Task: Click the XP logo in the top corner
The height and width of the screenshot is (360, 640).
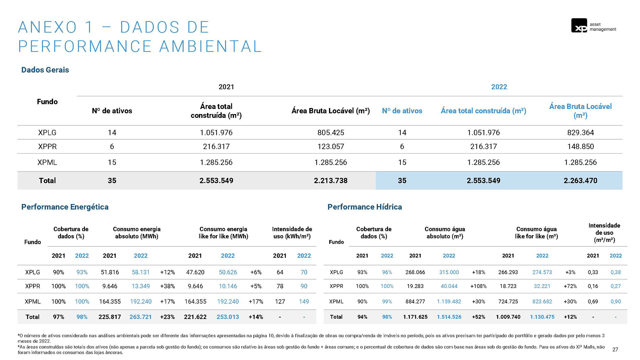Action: [579, 26]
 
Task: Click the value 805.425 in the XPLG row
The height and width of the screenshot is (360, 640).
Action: [331, 133]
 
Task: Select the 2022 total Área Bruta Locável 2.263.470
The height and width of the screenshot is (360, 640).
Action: [580, 181]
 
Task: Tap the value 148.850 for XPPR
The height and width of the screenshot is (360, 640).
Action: [580, 147]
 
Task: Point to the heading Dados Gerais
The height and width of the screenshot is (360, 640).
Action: [45, 70]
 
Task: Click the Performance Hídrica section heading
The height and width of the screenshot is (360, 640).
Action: [364, 207]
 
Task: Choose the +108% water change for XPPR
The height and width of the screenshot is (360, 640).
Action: [478, 286]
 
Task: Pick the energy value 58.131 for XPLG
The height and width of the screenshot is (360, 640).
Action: [141, 272]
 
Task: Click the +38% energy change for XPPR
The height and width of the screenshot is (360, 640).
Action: [167, 286]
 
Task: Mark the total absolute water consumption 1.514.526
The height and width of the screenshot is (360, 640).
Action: [449, 317]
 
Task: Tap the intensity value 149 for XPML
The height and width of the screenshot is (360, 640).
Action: [304, 302]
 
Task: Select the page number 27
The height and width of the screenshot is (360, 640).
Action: [615, 349]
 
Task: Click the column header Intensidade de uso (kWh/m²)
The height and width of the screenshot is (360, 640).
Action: [292, 233]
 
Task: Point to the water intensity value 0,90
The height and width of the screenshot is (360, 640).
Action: [615, 302]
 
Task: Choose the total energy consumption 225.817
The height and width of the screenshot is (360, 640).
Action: [110, 317]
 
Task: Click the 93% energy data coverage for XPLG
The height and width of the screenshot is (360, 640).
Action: [82, 272]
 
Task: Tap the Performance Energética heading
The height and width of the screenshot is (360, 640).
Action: [65, 207]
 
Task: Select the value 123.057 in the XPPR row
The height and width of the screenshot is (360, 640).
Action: [331, 147]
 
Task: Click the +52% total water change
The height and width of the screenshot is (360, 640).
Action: [478, 317]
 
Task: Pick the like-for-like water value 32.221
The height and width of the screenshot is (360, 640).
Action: [542, 286]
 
